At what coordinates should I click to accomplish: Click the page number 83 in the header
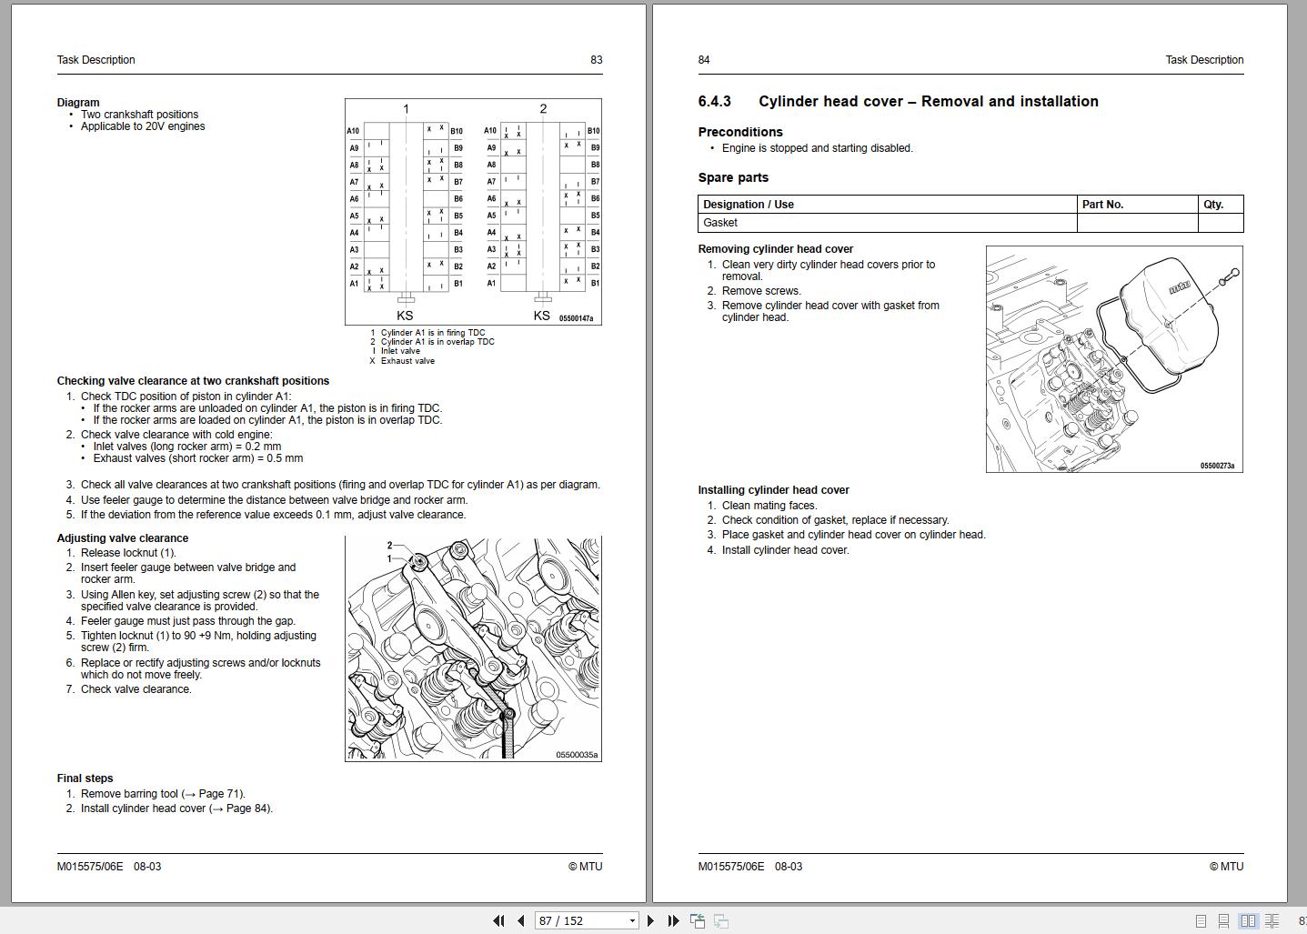tap(596, 60)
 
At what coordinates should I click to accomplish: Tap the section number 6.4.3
tap(714, 102)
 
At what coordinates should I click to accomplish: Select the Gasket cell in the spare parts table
tap(720, 223)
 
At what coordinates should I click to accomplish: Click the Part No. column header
tap(1102, 205)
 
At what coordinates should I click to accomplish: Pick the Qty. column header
tap(1213, 205)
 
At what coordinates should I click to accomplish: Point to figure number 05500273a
tap(1217, 466)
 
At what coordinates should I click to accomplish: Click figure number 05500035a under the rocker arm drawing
tap(577, 755)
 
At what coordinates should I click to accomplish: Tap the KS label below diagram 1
tap(405, 316)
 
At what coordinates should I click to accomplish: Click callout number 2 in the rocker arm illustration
tap(389, 546)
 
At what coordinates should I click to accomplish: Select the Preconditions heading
tap(740, 133)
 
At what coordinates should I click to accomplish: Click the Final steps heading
tap(85, 778)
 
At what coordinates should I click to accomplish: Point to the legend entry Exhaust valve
tap(407, 361)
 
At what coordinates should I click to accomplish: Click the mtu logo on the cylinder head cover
tap(1179, 288)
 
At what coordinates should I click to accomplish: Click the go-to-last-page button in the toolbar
tap(673, 920)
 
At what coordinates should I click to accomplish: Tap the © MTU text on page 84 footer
tap(1226, 867)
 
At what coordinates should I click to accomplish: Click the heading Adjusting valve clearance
tap(123, 538)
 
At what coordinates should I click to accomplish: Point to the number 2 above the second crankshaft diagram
tap(543, 109)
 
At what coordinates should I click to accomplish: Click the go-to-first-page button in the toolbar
tap(498, 920)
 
